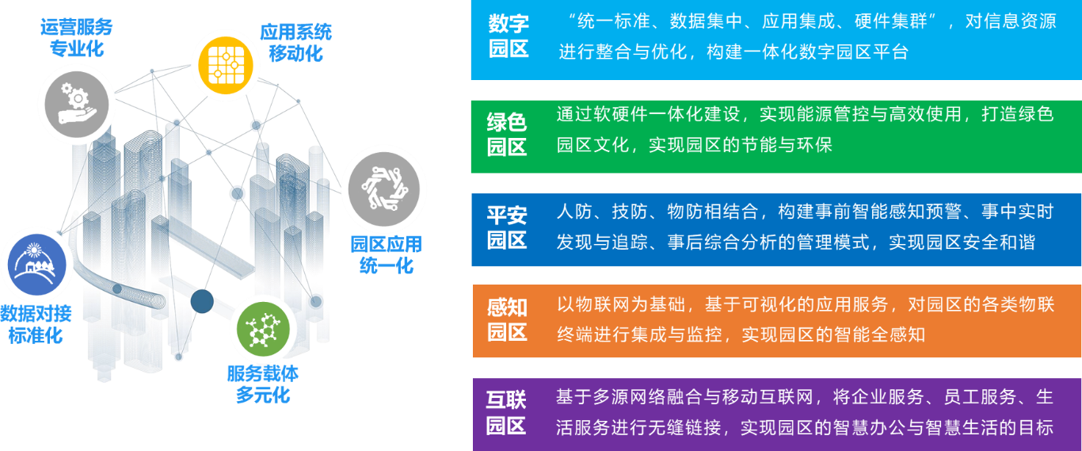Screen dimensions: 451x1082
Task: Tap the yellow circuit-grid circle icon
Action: coord(226,64)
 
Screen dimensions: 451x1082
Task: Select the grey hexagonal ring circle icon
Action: coord(384,189)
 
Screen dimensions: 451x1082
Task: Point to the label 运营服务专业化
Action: coord(77,37)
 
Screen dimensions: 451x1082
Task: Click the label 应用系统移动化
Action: coord(295,42)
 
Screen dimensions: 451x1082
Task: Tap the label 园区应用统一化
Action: coord(386,254)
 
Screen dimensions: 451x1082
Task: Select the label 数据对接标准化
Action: coord(36,323)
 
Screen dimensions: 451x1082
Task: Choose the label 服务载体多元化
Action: coord(263,384)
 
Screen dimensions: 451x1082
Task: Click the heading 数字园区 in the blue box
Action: coord(509,36)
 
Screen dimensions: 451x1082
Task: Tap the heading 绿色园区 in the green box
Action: coord(507,135)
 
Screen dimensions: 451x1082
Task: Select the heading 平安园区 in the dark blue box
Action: coord(507,227)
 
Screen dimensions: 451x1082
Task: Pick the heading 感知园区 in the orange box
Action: coord(507,320)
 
